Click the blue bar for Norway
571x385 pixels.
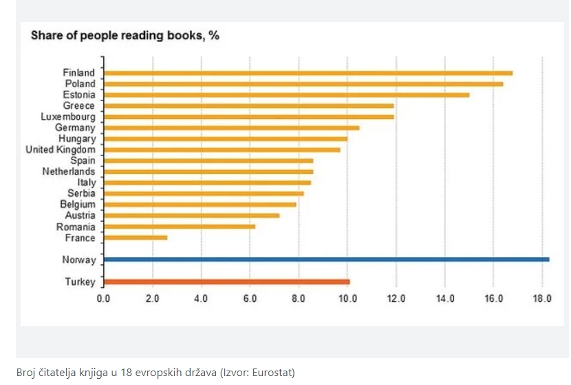coord(326,259)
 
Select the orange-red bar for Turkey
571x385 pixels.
coord(226,281)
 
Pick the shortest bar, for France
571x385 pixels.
coord(136,238)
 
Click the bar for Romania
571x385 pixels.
coord(180,227)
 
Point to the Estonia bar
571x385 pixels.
coord(286,95)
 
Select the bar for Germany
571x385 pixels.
coord(231,128)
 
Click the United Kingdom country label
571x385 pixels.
coord(61,150)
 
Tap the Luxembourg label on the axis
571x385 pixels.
coord(68,117)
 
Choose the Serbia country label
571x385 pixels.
coord(81,194)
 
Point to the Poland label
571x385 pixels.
coord(80,84)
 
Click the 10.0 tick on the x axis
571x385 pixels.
coord(347,299)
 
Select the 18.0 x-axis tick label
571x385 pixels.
coord(542,299)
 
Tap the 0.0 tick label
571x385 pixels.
coord(104,299)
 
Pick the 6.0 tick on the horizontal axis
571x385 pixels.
coord(250,299)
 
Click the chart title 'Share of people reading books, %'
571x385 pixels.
coord(125,36)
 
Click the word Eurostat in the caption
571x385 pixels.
coord(272,373)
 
